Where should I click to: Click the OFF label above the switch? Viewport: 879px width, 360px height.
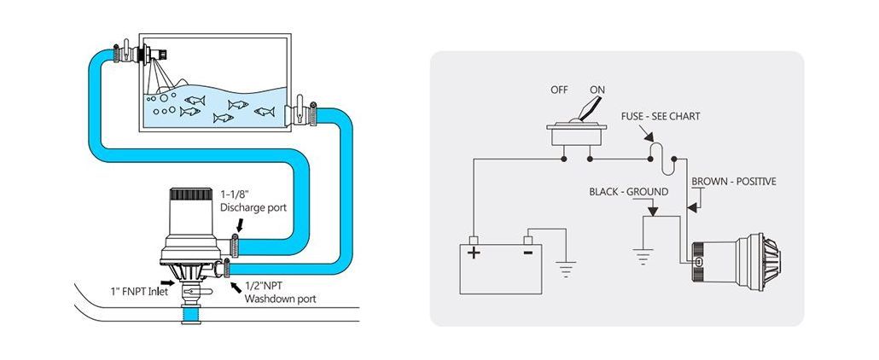[x=558, y=90]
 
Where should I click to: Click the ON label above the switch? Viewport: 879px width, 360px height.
[x=597, y=90]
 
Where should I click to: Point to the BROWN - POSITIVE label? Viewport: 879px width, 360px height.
[x=733, y=182]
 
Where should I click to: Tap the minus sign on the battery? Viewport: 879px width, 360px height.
[x=528, y=252]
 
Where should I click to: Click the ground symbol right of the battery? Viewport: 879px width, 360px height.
[x=566, y=270]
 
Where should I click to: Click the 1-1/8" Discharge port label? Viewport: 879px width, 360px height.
[x=247, y=200]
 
